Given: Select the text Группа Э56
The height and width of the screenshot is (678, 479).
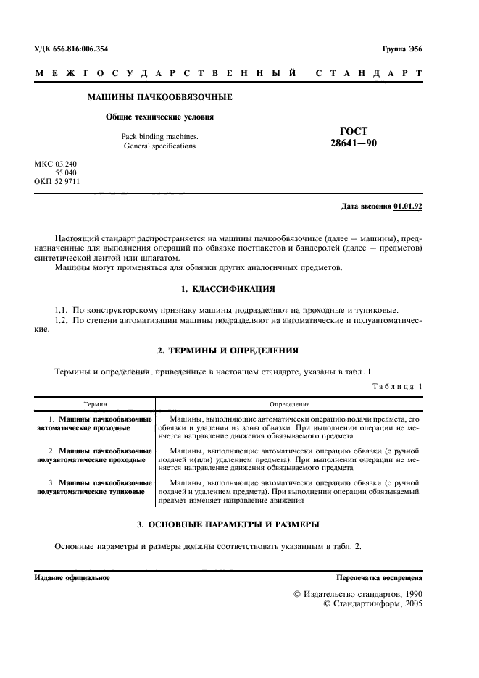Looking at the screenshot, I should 401,48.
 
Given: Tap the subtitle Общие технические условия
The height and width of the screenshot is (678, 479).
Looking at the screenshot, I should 159,116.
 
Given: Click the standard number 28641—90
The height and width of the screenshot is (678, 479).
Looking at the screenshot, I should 353,143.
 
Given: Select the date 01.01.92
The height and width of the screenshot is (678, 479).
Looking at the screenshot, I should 408,206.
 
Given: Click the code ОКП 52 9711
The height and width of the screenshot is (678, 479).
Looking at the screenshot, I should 57,182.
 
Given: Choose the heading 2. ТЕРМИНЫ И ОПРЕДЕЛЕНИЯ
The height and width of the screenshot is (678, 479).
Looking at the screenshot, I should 228,350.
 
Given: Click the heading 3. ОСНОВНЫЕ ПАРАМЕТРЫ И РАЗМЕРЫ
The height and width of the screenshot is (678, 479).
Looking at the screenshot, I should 228,524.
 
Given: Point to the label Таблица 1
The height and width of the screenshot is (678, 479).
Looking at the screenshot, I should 396,387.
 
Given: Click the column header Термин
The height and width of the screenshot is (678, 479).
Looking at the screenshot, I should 95,404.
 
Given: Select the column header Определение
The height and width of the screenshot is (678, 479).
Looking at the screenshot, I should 289,404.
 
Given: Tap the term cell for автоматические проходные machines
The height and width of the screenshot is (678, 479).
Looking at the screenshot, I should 95,424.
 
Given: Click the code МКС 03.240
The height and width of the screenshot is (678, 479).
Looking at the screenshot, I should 55,164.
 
